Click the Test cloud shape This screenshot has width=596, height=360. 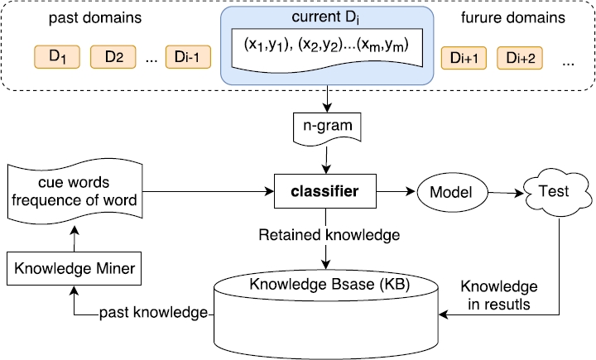pos(554,192)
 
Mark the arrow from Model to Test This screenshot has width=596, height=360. pos(506,193)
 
